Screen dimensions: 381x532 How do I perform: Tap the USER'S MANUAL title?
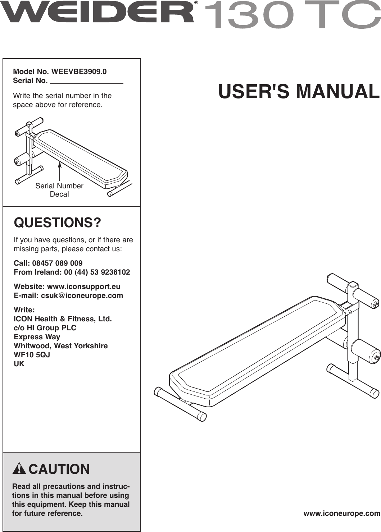tap(299, 91)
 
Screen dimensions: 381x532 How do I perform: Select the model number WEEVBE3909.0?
tap(79, 72)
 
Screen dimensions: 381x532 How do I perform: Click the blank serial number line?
tap(86, 81)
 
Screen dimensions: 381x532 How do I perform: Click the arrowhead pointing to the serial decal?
tap(59, 165)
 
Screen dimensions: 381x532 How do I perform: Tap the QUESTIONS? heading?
tap(58, 223)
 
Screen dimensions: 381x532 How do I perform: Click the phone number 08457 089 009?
tap(57, 263)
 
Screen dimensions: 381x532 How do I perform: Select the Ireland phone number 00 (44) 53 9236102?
tap(97, 272)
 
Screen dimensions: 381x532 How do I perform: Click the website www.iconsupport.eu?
tap(84, 286)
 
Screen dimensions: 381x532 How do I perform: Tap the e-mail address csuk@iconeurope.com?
tap(82, 295)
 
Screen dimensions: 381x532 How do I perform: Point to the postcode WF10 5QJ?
tap(32, 355)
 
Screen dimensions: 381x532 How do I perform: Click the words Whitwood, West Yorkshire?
tap(60, 346)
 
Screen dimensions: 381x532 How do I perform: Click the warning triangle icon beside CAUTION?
tap(19, 469)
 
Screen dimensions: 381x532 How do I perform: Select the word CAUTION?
tap(59, 469)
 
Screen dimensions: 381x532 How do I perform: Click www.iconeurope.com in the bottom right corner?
tap(342, 514)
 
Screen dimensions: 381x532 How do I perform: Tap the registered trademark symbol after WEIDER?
tap(196, 3)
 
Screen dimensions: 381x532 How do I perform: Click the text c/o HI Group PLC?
tap(45, 328)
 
